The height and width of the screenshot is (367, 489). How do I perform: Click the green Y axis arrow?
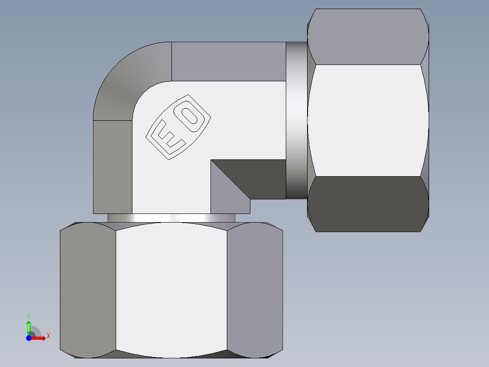click(x=29, y=327)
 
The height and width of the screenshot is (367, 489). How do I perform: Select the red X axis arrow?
click(x=39, y=337)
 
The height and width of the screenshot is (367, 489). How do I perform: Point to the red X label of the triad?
click(x=48, y=336)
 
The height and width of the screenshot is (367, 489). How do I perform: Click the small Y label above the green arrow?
click(x=29, y=315)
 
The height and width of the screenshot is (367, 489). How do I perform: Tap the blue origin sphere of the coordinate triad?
click(x=29, y=337)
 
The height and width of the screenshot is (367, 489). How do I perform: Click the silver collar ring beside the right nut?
click(x=296, y=120)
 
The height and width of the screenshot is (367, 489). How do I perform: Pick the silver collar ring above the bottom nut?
click(x=171, y=218)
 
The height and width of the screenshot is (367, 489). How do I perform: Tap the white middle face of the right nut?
click(x=367, y=120)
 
